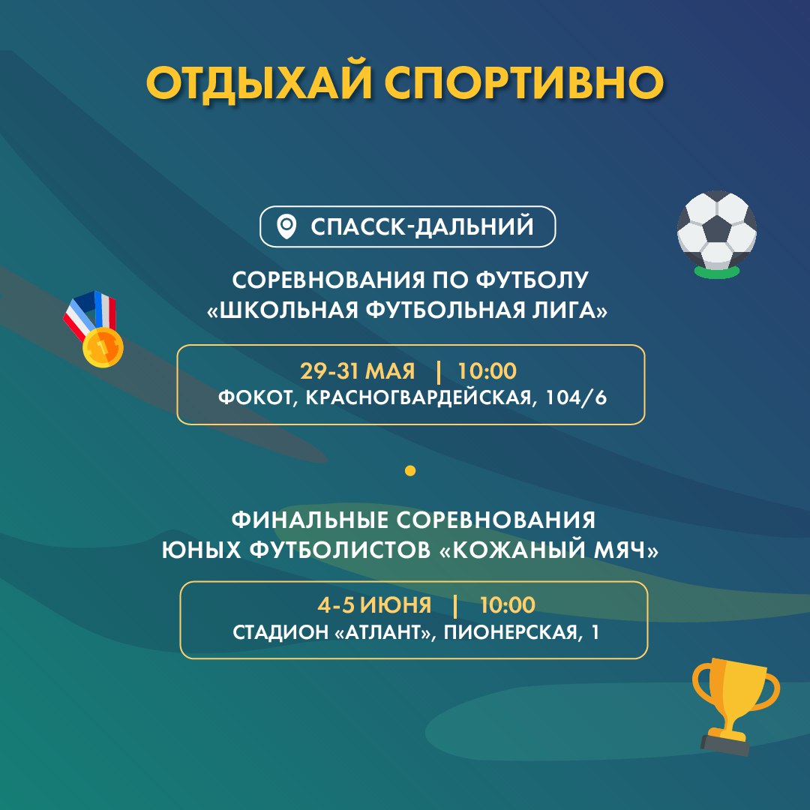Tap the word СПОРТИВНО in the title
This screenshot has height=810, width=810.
point(524,82)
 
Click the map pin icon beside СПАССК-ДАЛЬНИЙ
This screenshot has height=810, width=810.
point(286,226)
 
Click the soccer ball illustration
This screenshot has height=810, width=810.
point(716,232)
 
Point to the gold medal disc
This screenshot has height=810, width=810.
point(103,347)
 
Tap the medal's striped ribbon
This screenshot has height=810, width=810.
point(91,313)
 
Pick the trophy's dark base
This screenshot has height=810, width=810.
point(724,744)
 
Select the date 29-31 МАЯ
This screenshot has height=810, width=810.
point(358,371)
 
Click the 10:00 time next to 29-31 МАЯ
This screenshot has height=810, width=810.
point(487,371)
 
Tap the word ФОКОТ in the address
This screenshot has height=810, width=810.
point(255,397)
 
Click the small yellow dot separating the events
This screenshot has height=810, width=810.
point(410,470)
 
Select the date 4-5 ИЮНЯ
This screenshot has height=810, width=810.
point(374,605)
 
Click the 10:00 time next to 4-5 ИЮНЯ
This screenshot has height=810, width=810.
point(507,605)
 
